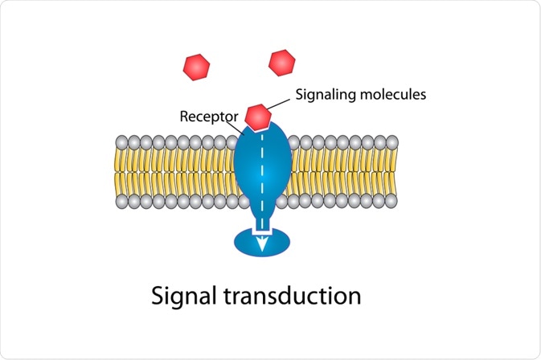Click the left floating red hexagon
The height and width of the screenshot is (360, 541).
point(197,66)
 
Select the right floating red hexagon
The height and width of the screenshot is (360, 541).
point(281,62)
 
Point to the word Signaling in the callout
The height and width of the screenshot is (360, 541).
point(326,94)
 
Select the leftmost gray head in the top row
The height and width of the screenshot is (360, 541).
point(121,142)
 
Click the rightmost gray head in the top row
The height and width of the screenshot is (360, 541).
point(392,142)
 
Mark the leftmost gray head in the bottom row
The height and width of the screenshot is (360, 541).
point(121,200)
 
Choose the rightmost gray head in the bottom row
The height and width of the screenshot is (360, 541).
point(392,200)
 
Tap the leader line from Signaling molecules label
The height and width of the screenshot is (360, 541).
point(279,102)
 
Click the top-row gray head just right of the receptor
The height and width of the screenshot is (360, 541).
point(293,142)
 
